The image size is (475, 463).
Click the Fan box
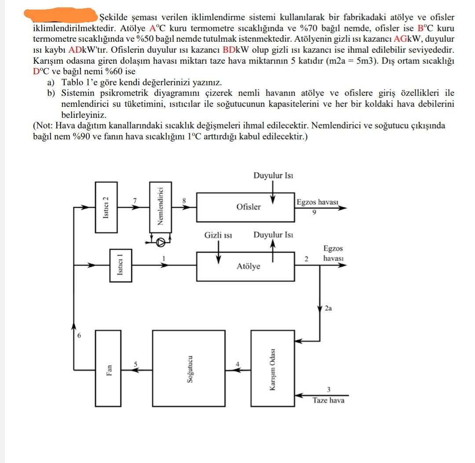(x=108, y=368)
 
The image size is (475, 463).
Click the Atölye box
(x=245, y=266)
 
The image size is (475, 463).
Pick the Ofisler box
(x=245, y=207)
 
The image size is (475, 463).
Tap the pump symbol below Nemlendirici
(x=162, y=241)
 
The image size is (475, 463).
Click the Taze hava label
(x=328, y=401)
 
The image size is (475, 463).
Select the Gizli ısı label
(x=218, y=235)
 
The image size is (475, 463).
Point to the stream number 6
(x=79, y=335)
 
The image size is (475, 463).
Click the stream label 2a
(x=328, y=308)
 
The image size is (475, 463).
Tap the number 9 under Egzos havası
(x=314, y=212)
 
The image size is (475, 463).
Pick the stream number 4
(x=237, y=364)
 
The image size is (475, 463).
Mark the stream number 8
(x=184, y=201)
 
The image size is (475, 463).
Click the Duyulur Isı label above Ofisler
(x=273, y=176)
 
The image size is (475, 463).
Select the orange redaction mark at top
(x=62, y=16)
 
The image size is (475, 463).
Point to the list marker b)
(x=52, y=93)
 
